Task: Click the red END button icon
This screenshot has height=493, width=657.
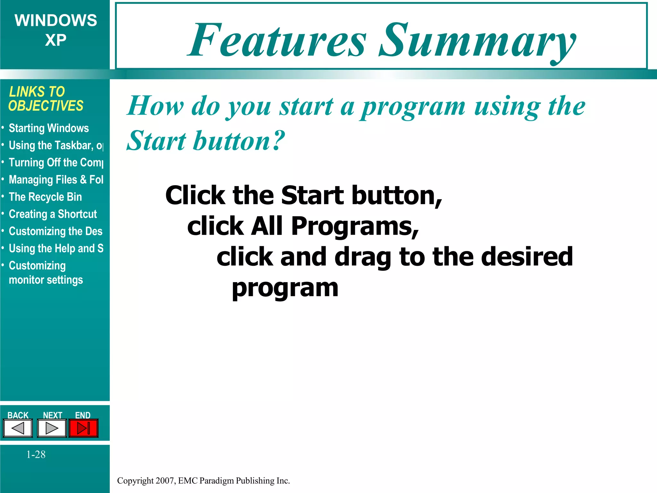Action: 83,428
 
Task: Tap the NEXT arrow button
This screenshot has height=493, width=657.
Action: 52,428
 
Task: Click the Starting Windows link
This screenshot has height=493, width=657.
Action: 49,128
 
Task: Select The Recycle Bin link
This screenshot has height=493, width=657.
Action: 45,197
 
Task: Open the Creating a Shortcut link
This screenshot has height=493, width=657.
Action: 53,214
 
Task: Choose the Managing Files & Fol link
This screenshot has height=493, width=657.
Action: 56,180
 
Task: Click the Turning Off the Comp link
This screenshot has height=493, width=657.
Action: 56,163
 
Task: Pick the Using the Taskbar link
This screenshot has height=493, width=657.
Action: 56,145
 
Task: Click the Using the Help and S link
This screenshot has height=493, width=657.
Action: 56,248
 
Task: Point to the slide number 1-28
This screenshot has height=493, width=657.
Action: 36,454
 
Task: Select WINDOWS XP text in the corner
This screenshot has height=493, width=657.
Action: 55,30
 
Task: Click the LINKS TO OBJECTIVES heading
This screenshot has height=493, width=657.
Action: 46,99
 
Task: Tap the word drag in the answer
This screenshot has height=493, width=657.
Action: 363,258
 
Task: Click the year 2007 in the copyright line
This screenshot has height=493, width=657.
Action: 165,480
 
